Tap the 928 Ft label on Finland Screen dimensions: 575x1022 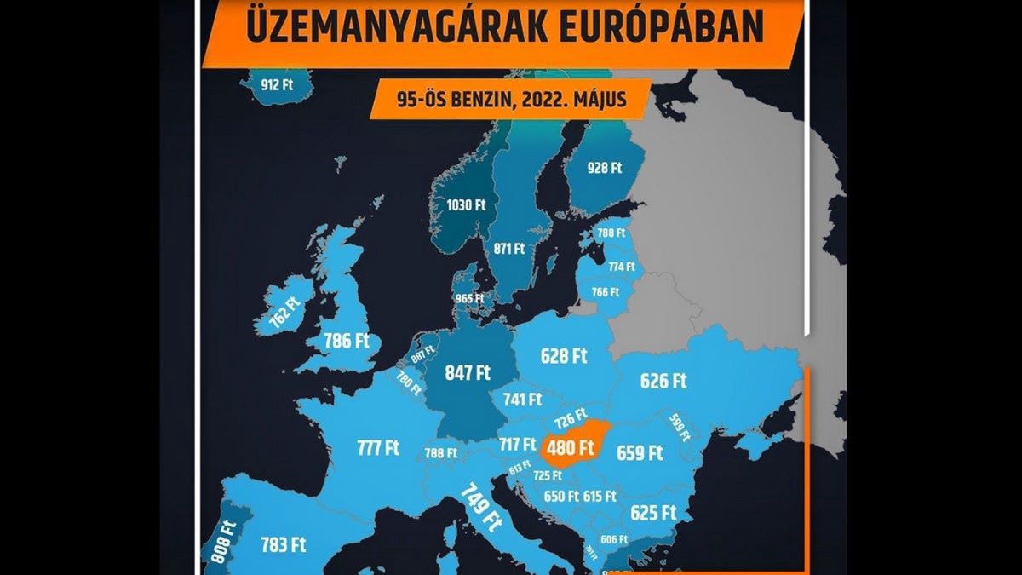[605, 168]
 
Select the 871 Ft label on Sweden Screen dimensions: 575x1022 [509, 249]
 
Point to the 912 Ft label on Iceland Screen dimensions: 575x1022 [277, 84]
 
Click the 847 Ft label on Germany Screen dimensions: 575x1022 [468, 372]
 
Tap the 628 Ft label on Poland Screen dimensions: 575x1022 [565, 355]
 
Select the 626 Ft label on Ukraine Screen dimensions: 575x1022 [663, 381]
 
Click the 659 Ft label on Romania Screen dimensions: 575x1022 [640, 452]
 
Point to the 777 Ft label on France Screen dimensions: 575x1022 [378, 447]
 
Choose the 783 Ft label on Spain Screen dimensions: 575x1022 [284, 544]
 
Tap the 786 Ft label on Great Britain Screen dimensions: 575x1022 [347, 342]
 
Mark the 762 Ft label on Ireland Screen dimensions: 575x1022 [285, 313]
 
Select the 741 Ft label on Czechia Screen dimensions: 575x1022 [522, 399]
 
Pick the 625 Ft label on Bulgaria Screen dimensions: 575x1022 [653, 513]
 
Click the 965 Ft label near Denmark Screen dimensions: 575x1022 [469, 299]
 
